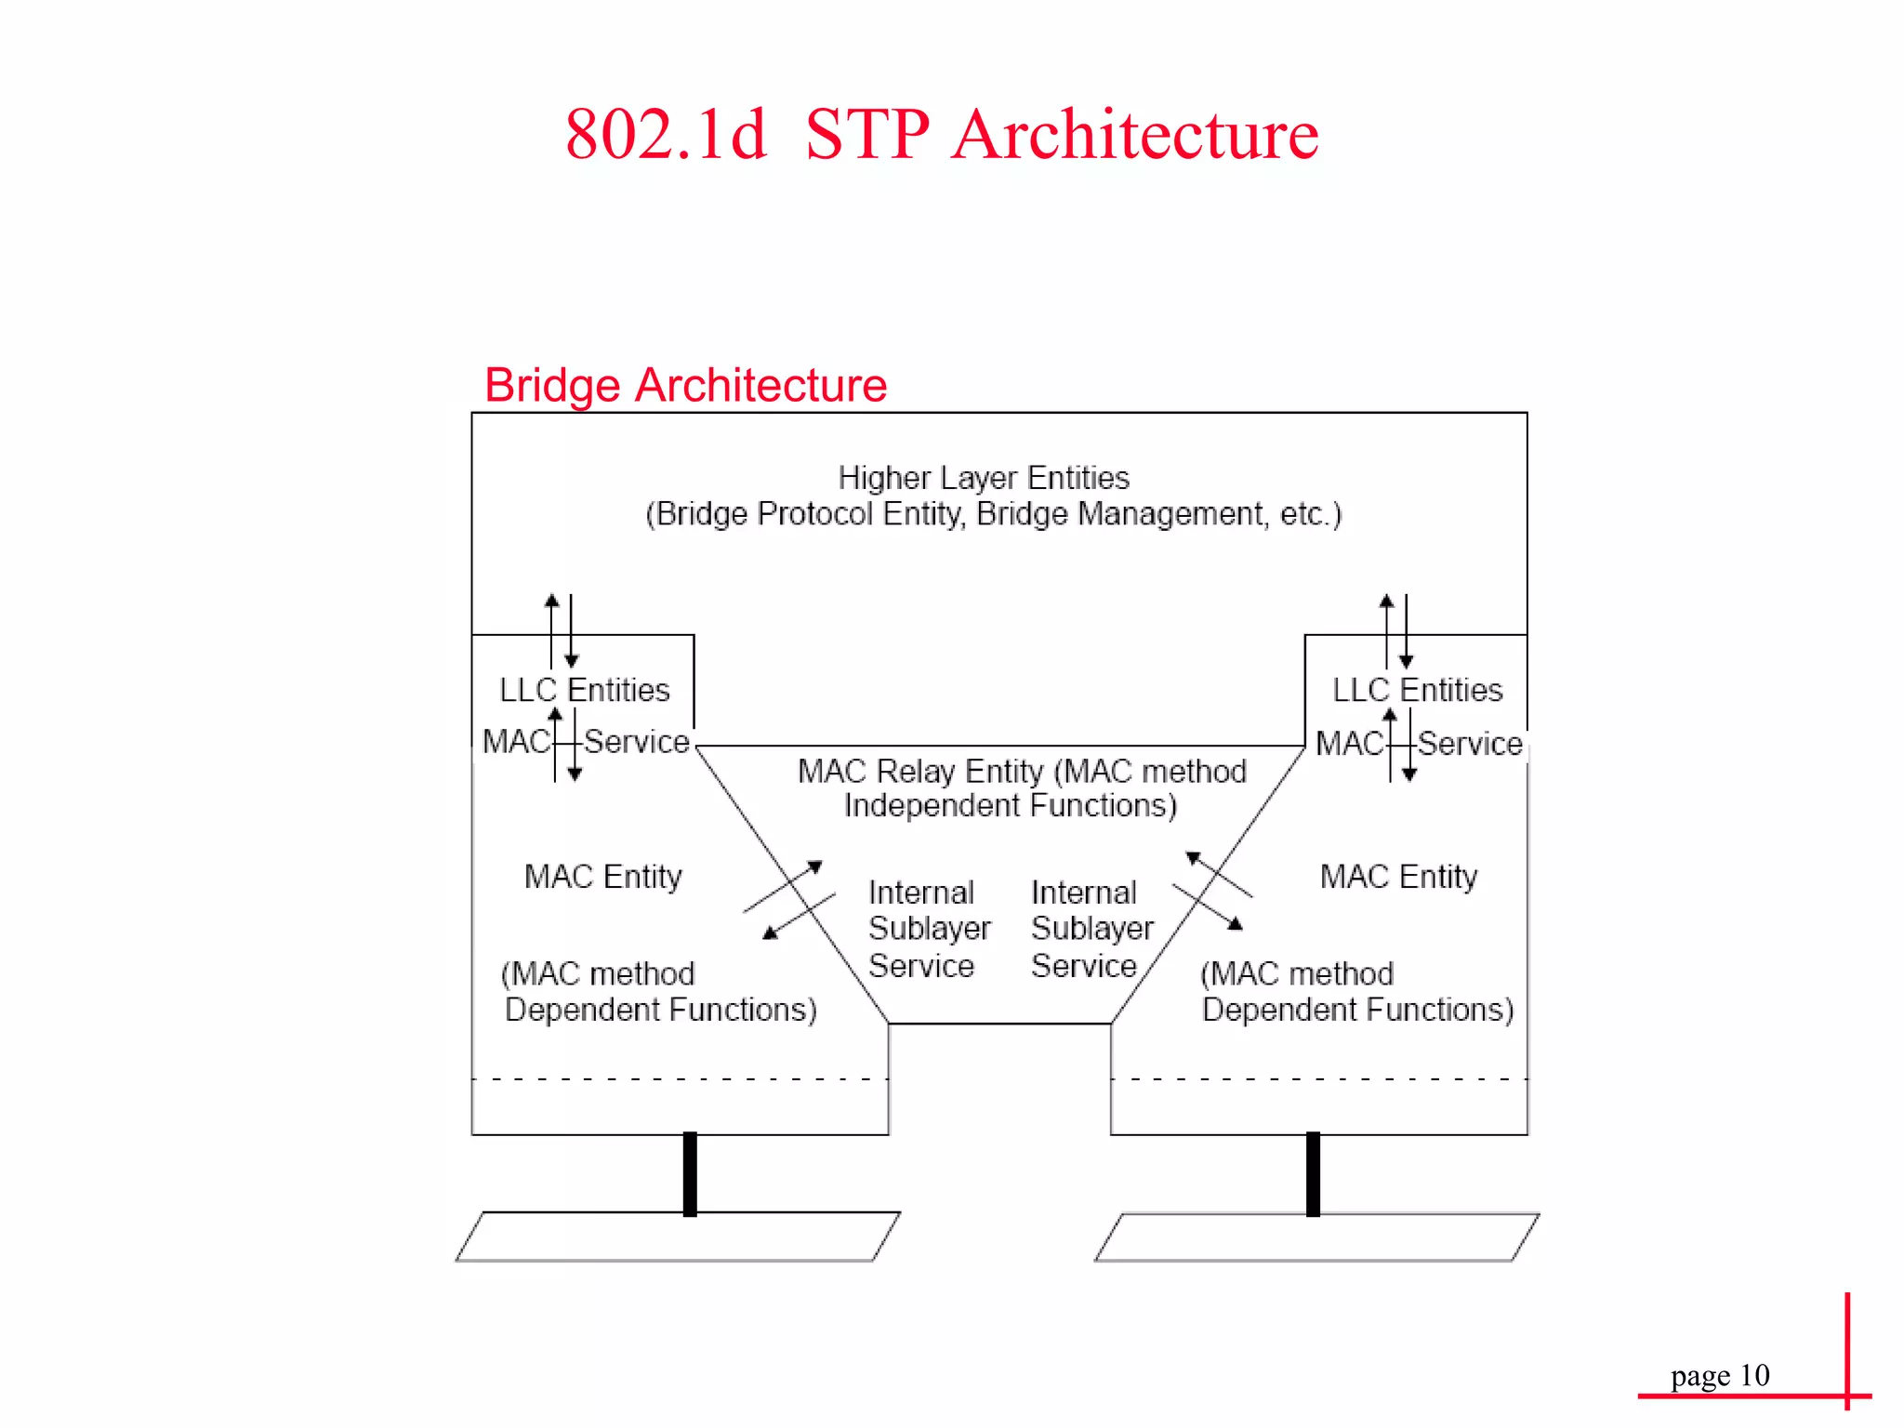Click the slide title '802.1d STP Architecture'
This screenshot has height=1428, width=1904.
[941, 135]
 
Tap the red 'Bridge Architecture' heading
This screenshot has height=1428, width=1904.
[685, 385]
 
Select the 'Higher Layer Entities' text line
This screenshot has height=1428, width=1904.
[984, 478]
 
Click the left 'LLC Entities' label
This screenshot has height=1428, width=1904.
[584, 690]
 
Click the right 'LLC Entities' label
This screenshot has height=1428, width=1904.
[1417, 690]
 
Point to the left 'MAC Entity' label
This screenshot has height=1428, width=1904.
[602, 877]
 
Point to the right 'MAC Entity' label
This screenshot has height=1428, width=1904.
[1398, 877]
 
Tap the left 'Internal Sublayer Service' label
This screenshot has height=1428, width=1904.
[928, 929]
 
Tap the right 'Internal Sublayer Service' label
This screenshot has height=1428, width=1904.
[1091, 929]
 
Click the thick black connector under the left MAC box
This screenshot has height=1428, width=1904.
[690, 1173]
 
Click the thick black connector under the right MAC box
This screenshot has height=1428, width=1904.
[1313, 1173]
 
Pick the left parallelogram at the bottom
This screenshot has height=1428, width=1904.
[678, 1236]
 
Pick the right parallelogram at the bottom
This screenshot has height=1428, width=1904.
[1316, 1237]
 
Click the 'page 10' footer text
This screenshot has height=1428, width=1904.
[1719, 1375]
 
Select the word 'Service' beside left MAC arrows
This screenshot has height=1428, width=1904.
[637, 742]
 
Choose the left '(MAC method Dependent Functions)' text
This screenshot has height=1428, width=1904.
[659, 992]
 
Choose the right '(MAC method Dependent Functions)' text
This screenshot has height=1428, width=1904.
[1357, 992]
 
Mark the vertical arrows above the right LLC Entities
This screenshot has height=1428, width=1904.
[1396, 630]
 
